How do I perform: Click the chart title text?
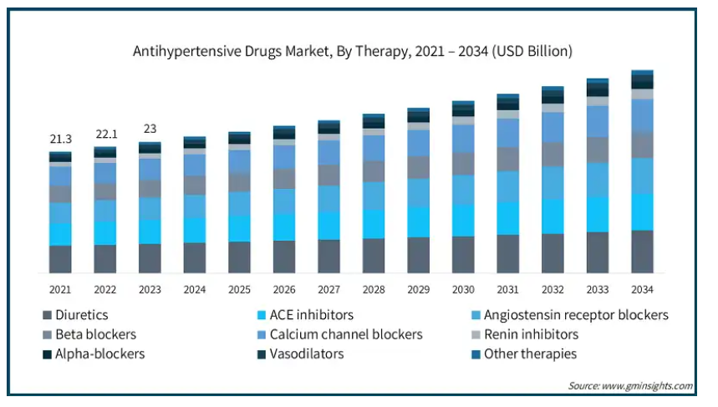point(353,51)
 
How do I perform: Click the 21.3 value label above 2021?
point(59,139)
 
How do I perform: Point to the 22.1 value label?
point(104,135)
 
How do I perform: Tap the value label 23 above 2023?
point(150,129)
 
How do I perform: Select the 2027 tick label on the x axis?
point(328,289)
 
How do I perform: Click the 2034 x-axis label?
point(642,289)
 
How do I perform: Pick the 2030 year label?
point(463,289)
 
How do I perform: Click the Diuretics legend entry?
point(81,315)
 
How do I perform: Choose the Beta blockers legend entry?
point(95,334)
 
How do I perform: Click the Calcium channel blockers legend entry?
point(352,334)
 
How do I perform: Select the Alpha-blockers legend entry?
point(99,354)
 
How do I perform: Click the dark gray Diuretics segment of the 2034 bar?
point(642,251)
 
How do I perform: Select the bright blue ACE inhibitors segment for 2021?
point(60,235)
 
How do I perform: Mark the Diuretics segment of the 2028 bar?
point(374,256)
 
